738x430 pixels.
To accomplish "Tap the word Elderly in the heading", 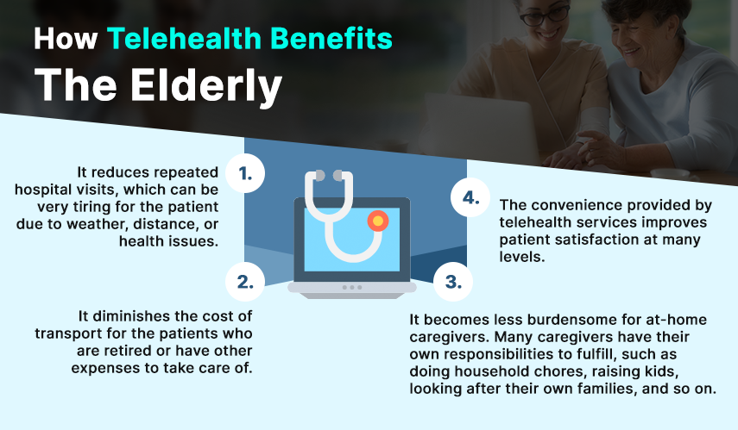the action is pos(206,86).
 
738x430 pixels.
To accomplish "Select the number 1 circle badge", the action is pos(245,173).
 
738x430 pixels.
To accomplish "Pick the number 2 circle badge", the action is pos(245,282).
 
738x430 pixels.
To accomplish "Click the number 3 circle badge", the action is pos(453,282).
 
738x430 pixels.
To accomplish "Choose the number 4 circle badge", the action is pos(470,197).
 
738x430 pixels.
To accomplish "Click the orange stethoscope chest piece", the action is pos(378,221).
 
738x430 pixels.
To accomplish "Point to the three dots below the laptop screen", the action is pos(351,287).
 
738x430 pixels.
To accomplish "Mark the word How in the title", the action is pos(66,39).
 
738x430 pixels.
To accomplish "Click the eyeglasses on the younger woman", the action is pos(545,15).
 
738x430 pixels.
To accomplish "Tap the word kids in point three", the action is pos(661,371).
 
